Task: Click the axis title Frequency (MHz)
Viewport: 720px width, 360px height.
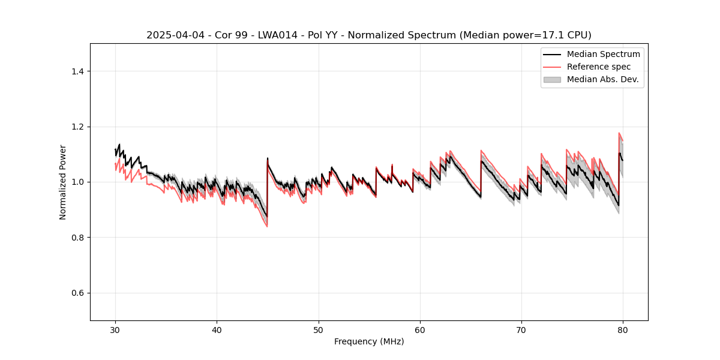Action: coord(369,341)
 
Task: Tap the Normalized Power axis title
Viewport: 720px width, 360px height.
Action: coord(63,182)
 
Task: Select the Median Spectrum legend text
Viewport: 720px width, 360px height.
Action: coord(603,54)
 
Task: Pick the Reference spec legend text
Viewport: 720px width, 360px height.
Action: coord(599,67)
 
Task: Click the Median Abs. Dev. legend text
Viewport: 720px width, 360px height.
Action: coord(602,79)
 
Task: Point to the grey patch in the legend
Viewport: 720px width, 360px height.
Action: coord(552,79)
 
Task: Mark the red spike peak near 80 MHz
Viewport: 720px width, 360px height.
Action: coord(619,133)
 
